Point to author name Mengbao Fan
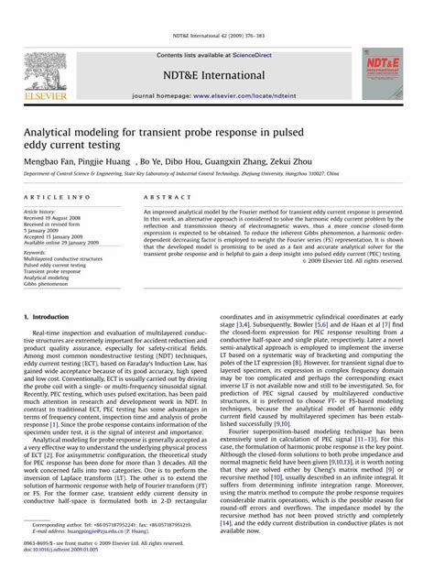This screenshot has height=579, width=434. tap(51, 158)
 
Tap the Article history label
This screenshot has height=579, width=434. tap(40, 211)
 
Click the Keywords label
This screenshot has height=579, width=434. tap(36, 252)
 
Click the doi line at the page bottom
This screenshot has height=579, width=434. tap(63, 550)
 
